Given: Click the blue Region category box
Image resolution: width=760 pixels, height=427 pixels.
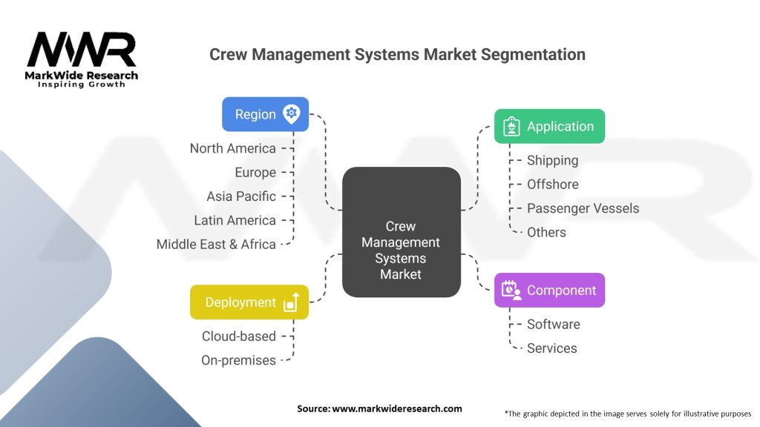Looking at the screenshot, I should (x=265, y=114).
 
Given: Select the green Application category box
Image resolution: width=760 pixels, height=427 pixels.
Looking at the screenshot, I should (x=549, y=126).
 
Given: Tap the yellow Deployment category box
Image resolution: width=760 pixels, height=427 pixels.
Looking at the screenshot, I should (x=249, y=302).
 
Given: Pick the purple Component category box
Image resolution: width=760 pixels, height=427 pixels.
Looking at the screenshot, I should (x=549, y=290).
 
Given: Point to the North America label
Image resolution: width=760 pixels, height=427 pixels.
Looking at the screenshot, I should (x=232, y=148).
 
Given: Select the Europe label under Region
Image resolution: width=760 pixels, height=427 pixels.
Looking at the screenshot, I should (x=255, y=172).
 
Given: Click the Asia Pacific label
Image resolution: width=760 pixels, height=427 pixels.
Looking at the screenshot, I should (x=241, y=196).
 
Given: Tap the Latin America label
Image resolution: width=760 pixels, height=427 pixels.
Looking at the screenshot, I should (x=235, y=220).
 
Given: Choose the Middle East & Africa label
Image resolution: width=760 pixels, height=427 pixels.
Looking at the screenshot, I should (x=216, y=244).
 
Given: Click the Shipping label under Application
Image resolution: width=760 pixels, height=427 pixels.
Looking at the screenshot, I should (x=552, y=160).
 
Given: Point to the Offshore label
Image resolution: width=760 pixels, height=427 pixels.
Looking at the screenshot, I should (x=552, y=184).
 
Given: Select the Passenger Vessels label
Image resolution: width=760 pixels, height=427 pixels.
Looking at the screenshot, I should (x=583, y=208).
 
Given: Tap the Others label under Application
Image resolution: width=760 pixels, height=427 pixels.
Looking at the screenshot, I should (x=546, y=232).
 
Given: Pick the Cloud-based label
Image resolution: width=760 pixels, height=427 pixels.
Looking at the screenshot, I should (x=238, y=336).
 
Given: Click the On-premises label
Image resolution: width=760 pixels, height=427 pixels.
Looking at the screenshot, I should (x=238, y=360).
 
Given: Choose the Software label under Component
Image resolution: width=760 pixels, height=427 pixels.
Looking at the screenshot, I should (x=553, y=324).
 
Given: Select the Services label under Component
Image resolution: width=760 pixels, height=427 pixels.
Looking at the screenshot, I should (x=551, y=348).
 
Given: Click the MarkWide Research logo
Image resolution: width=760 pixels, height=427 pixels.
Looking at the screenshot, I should (x=82, y=59).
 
